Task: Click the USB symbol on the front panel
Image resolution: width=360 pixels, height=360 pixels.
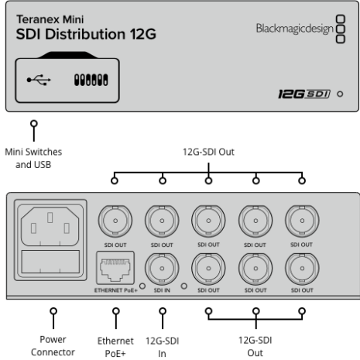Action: pos(39,80)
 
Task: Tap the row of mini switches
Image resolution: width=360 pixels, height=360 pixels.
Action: pos(91,80)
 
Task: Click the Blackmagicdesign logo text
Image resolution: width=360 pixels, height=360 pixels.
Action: pos(294,29)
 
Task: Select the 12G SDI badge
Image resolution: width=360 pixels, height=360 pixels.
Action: pos(304,94)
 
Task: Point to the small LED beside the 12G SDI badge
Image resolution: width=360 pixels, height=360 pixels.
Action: pos(340,94)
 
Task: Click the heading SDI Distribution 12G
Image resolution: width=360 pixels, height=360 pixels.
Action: pos(86,34)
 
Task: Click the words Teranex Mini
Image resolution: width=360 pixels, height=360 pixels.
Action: pos(50,19)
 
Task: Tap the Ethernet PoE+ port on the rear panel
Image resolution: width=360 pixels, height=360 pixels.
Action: pos(115,268)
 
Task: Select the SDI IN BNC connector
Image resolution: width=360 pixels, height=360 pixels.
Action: pos(162,268)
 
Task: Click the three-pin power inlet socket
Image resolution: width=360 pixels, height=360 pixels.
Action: pos(50,226)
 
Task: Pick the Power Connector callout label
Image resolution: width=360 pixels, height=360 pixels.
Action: pos(53,346)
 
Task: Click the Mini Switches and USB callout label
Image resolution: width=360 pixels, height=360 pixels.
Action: pos(33,158)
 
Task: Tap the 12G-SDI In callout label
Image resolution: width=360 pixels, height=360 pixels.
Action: pos(162,347)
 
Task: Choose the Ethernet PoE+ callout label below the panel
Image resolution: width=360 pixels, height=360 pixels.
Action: pos(115,347)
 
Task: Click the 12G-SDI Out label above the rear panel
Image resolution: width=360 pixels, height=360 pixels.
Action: pos(208,152)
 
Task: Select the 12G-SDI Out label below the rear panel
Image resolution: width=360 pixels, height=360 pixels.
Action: pos(255,346)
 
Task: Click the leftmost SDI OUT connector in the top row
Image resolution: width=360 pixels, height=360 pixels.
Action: pos(115,221)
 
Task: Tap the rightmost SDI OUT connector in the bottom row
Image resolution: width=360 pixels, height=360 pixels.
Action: pos(302,268)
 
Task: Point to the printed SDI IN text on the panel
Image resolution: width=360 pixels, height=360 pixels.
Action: pos(162,290)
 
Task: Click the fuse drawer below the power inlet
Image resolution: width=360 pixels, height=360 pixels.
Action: pos(50,262)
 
